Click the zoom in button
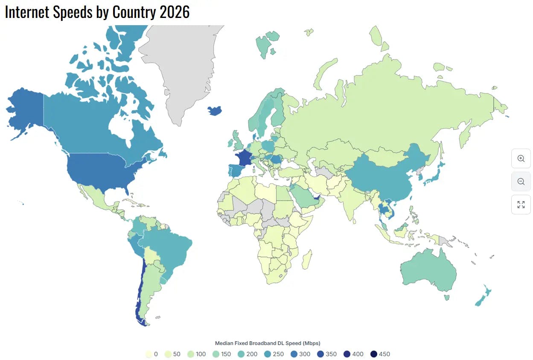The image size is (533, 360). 521,158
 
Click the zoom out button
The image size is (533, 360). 521,181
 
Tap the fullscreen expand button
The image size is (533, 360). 521,205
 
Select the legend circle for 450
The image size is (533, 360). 374,354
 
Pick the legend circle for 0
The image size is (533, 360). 149,354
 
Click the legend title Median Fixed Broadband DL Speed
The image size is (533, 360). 267,343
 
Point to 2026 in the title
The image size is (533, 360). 174,12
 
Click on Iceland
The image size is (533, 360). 215,111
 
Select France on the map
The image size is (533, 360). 245,159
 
